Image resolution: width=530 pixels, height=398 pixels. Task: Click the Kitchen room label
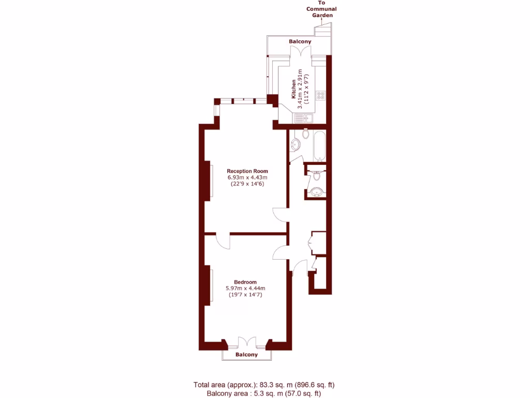(x=294, y=89)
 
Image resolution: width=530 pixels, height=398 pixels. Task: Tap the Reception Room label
(x=248, y=171)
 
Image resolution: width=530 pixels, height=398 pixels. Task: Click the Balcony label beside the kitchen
(x=300, y=41)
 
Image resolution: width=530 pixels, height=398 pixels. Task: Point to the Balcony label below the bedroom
(x=246, y=355)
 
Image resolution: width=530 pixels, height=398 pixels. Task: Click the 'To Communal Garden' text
(x=321, y=9)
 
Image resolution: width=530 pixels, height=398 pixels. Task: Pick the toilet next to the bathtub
(x=306, y=135)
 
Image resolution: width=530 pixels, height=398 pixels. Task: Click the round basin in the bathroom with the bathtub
(x=295, y=145)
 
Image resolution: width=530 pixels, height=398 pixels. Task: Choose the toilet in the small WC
(x=317, y=176)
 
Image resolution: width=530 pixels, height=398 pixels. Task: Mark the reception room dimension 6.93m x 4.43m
(x=248, y=178)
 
